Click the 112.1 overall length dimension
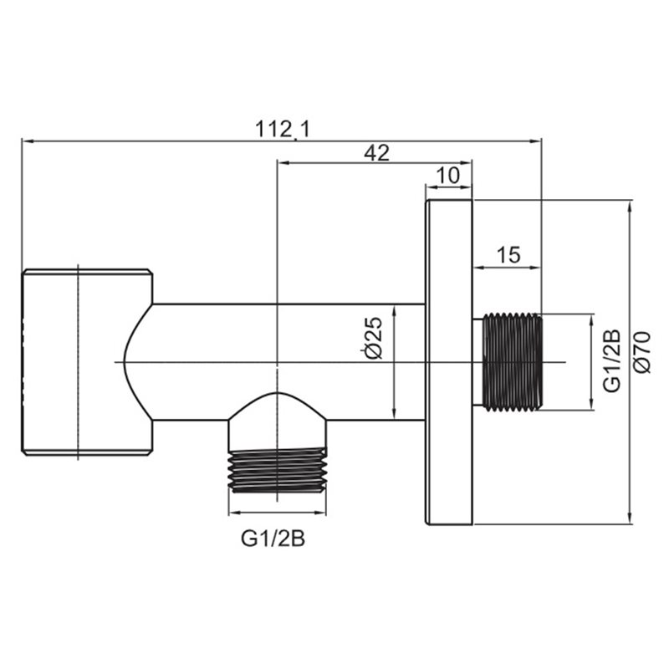click(x=283, y=129)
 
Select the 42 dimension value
click(x=376, y=153)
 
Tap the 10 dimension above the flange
click(x=448, y=176)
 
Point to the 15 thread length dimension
click(x=508, y=255)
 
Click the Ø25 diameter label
click(x=374, y=338)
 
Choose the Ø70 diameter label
click(x=642, y=352)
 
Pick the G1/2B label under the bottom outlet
click(x=273, y=539)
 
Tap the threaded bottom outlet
click(x=278, y=470)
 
